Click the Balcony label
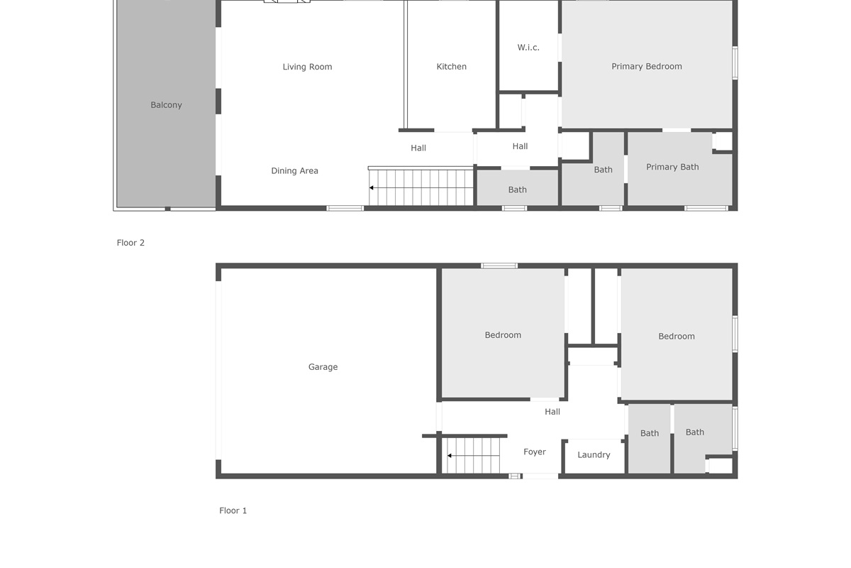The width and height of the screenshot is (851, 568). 166,105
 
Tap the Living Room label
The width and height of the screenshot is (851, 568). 307,67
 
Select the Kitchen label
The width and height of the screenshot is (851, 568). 451,67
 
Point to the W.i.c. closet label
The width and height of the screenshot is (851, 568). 528,48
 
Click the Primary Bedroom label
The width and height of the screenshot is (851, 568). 647,67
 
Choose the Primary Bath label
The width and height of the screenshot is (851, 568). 672,167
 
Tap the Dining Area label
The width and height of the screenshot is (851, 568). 294,171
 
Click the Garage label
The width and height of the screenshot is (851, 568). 323,367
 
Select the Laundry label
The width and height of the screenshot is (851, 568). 594,455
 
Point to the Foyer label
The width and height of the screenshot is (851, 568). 535,452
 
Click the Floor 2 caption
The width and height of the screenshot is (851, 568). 130,243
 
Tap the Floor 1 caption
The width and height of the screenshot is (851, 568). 233,510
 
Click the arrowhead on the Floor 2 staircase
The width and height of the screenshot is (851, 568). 371,188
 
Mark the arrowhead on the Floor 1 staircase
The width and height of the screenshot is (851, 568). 449,456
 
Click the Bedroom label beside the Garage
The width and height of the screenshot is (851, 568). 503,335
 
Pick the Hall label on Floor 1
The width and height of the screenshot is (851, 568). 552,412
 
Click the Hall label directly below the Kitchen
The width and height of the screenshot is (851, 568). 418,148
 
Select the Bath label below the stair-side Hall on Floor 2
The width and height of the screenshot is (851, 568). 518,190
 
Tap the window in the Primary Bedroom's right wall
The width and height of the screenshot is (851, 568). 735,63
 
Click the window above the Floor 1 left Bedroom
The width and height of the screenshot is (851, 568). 499,266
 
